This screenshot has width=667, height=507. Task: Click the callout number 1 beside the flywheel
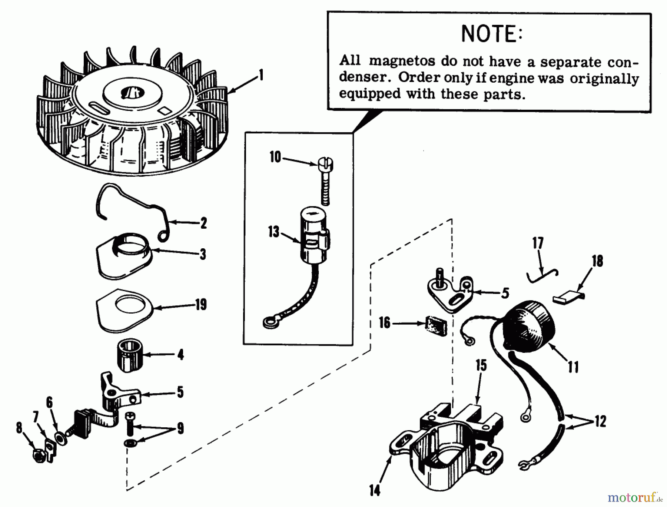coord(261,75)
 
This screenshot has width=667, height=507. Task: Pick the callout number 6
coord(49,402)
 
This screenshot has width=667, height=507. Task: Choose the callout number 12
coord(600,421)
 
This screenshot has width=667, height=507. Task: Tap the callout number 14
coord(375,491)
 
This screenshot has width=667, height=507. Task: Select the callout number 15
coord(481,365)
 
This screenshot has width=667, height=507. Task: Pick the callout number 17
coord(538,243)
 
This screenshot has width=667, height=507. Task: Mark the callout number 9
coord(180,428)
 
